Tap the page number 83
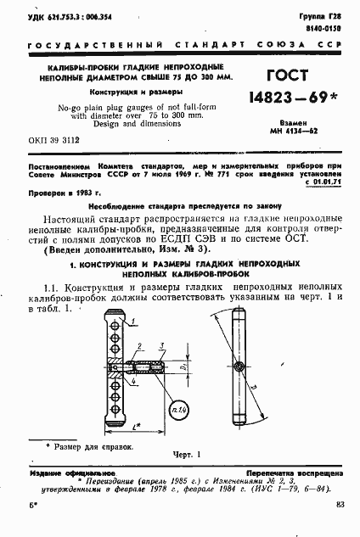click(x=340, y=506)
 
